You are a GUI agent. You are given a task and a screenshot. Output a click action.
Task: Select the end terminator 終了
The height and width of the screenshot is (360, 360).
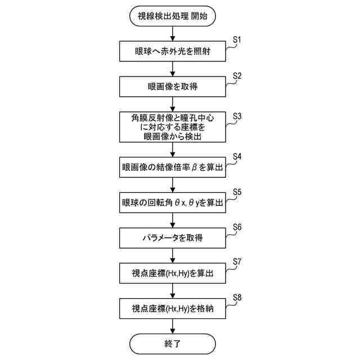pos(172,343)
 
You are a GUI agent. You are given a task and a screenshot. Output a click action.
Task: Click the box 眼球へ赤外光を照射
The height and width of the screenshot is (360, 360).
pos(172,52)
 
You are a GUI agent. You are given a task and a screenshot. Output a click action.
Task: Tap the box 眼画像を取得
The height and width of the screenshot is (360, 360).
pos(172,87)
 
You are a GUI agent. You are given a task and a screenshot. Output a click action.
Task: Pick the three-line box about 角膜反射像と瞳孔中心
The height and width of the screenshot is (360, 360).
pos(172,127)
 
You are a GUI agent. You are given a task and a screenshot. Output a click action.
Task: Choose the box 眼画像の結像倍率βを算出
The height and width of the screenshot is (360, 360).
pos(172,167)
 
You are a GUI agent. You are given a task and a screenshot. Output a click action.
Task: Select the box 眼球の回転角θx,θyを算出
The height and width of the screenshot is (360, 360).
pos(172,202)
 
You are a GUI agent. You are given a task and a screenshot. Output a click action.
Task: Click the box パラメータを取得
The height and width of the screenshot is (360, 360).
pos(172,238)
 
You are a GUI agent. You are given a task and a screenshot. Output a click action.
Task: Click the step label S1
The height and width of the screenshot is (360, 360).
pos(237,40)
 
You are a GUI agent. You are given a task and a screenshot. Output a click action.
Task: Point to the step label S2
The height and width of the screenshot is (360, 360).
pos(237,75)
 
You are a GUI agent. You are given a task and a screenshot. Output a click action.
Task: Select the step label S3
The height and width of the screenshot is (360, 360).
pos(237,116)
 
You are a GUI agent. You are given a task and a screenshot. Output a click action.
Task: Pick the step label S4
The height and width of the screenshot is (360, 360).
pos(237,156)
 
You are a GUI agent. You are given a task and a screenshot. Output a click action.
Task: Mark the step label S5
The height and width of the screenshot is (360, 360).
pos(237,192)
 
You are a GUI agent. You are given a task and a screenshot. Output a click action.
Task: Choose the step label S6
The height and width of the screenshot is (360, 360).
pos(237,227)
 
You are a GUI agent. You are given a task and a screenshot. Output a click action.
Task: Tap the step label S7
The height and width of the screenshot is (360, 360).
pos(237,262)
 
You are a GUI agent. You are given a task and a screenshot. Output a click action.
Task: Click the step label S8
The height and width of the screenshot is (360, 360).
pos(237,298)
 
